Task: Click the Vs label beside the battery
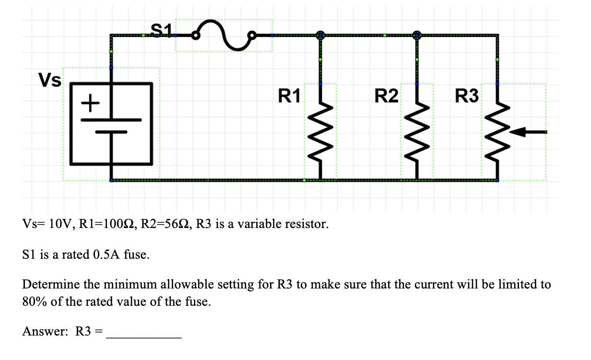pyautogui.click(x=50, y=81)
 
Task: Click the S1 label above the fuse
pyautogui.click(x=160, y=29)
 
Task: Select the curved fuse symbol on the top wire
pyautogui.click(x=223, y=35)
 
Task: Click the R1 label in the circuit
pyautogui.click(x=289, y=96)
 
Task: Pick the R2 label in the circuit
pyautogui.click(x=386, y=96)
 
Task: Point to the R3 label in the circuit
pyautogui.click(x=467, y=96)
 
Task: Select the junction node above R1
pyautogui.click(x=320, y=35)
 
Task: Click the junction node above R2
pyautogui.click(x=417, y=35)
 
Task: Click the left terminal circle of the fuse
pyautogui.click(x=195, y=35)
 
